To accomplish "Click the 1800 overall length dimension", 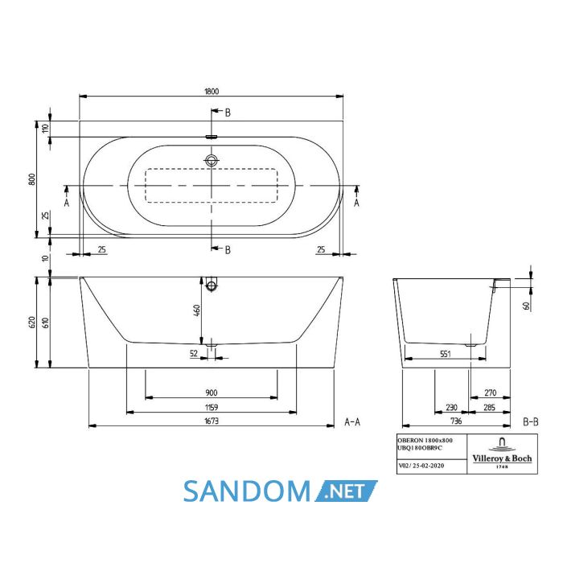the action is point(212,92).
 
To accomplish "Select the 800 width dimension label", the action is point(32,179).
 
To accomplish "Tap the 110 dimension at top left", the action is point(45,128).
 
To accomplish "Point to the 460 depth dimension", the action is point(197,310).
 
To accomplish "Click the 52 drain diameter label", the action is point(194,353).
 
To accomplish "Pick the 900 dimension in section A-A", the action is point(212,392).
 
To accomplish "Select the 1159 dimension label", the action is point(212,408).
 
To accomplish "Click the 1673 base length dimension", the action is point(212,421).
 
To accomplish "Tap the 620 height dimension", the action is point(32,322).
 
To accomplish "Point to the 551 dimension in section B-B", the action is point(446,354).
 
